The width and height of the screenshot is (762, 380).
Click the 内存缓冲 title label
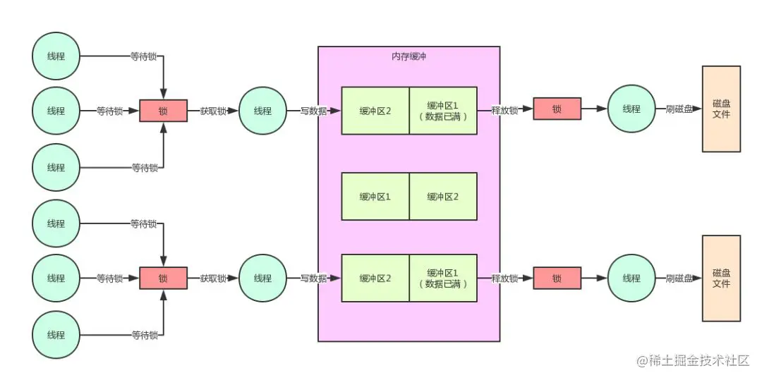click(409, 57)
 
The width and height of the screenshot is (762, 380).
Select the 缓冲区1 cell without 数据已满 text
click(375, 197)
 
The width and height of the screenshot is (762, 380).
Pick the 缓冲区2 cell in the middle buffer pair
click(443, 197)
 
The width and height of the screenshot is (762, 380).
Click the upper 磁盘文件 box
click(721, 109)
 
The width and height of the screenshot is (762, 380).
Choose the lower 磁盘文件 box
click(721, 278)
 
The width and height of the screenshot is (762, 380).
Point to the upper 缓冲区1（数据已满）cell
click(443, 111)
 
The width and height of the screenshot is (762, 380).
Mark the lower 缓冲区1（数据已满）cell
click(443, 278)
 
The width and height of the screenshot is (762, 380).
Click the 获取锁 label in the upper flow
click(213, 111)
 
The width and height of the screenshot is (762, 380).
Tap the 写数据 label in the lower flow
click(313, 278)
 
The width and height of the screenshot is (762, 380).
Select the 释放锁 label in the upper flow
click(504, 110)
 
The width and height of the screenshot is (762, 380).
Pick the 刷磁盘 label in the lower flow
click(679, 278)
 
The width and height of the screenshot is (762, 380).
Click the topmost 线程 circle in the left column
click(56, 56)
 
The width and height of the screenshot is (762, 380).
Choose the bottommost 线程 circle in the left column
click(56, 335)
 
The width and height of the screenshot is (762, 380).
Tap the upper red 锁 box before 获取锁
click(163, 111)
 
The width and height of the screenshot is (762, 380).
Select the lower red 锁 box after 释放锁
click(557, 278)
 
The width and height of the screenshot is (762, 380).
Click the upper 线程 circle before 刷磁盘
click(631, 109)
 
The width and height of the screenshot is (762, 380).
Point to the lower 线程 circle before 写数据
click(262, 278)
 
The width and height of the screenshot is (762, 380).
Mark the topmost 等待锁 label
click(143, 56)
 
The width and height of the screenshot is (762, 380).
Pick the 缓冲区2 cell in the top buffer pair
click(375, 111)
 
